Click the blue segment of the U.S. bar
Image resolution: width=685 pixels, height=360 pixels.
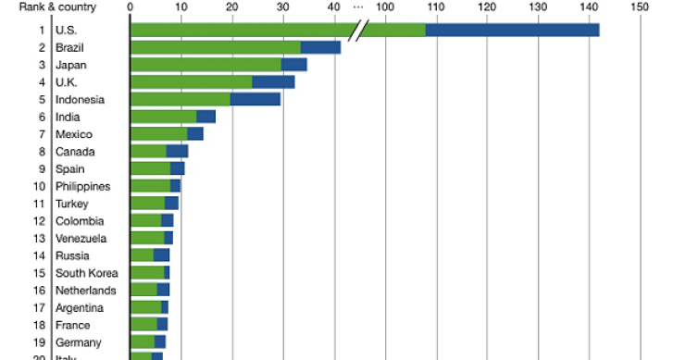pyautogui.click(x=512, y=30)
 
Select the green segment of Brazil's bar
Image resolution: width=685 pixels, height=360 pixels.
pyautogui.click(x=215, y=47)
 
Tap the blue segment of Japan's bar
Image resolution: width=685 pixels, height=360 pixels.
pyautogui.click(x=293, y=65)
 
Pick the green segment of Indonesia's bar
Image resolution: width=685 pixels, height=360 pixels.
pyautogui.click(x=180, y=99)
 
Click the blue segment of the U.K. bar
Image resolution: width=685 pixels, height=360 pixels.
pyautogui.click(x=273, y=82)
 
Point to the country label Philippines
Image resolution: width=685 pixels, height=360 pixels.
pyautogui.click(x=82, y=186)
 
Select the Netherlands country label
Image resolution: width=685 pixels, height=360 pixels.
pyautogui.click(x=86, y=291)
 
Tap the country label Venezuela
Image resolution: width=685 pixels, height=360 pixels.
pyautogui.click(x=81, y=238)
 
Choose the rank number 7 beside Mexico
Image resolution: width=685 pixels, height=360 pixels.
pyautogui.click(x=42, y=134)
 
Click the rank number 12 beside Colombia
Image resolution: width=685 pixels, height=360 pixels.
pyautogui.click(x=39, y=221)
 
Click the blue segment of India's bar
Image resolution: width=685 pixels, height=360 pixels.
pyautogui.click(x=205, y=117)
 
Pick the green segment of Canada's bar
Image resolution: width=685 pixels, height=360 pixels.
pyautogui.click(x=148, y=151)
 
